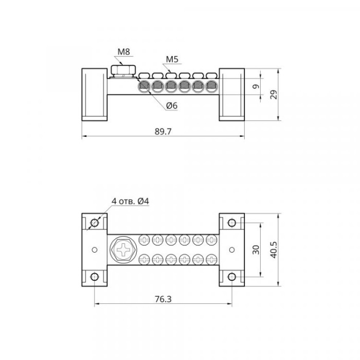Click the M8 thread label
tap(124, 52)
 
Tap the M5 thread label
tap(172, 59)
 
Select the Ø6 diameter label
tap(172, 105)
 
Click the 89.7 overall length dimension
tap(163, 132)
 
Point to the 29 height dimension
tap(274, 94)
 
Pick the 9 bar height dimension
tap(256, 86)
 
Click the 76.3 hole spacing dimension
tap(163, 299)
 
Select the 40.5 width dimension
tap(274, 250)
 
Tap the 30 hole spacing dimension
tap(256, 250)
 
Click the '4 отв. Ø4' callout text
tap(130, 202)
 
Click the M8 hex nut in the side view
tap(123, 70)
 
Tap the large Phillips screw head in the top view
tap(123, 250)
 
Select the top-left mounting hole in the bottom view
tap(95, 223)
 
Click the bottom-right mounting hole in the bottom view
tap(232, 277)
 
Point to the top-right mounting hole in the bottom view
tap(232, 223)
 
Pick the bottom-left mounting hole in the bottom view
tap(95, 277)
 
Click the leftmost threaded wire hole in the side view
tap(144, 86)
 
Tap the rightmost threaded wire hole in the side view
tap(211, 86)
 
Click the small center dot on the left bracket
tap(95, 250)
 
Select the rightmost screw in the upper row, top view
tap(211, 240)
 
